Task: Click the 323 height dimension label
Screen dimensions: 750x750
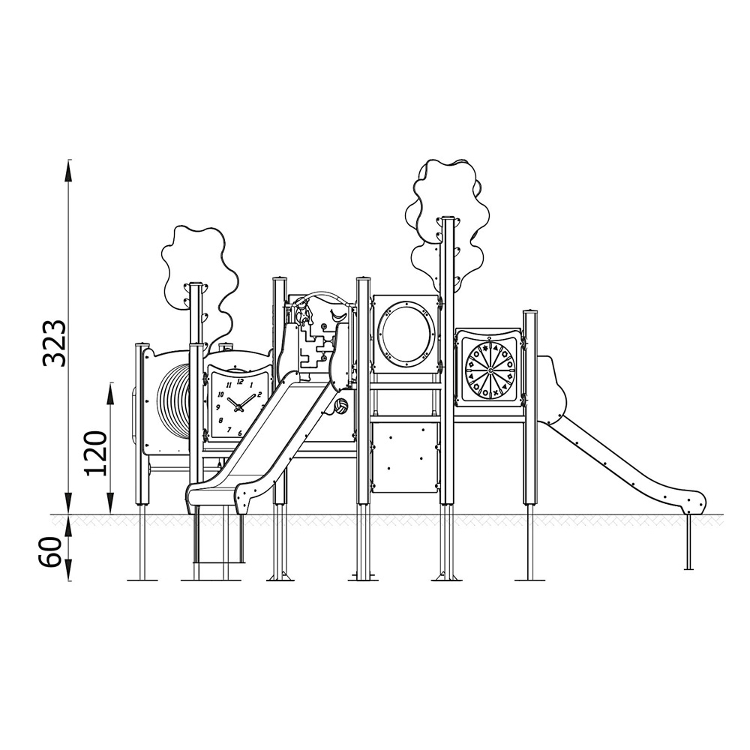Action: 53,343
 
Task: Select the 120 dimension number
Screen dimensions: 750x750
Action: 95,453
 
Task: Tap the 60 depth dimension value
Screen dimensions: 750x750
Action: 51,552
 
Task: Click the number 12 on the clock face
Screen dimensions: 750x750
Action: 240,382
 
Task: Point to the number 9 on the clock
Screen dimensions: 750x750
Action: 218,407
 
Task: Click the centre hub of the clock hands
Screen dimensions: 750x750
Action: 238,407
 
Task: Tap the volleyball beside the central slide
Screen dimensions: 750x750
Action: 341,406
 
